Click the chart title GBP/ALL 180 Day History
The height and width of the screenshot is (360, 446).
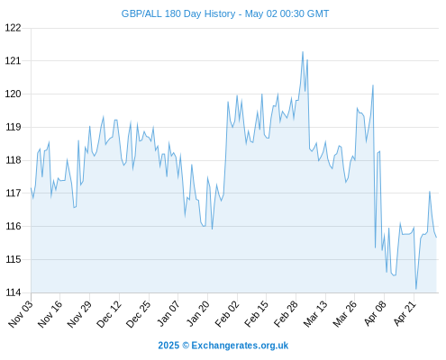click(178, 13)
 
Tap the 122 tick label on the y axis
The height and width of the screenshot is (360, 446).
click(14, 28)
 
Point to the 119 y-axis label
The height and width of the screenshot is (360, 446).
click(14, 127)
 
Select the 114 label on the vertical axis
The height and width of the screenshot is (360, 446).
click(14, 292)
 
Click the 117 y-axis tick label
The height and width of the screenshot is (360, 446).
click(14, 193)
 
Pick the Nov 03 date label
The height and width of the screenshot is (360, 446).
click(21, 313)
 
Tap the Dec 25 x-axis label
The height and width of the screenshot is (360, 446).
click(139, 313)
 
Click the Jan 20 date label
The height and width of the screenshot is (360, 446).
click(198, 313)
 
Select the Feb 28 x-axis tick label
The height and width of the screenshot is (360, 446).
click(287, 313)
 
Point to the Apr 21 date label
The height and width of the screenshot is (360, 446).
click(405, 313)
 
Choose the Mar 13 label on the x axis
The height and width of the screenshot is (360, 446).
click(315, 313)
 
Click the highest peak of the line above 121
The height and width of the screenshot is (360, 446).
click(303, 51)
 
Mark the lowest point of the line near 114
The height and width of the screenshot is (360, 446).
click(416, 289)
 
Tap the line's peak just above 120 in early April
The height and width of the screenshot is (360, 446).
click(373, 85)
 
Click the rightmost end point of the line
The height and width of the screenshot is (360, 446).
click(436, 238)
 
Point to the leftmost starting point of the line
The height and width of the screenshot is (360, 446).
click(31, 188)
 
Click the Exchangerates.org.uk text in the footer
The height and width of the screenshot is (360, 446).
click(240, 346)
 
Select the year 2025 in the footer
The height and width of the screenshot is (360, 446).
click(168, 346)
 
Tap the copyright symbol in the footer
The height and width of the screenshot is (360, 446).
click(186, 346)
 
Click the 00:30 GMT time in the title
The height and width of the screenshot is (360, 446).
click(305, 13)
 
